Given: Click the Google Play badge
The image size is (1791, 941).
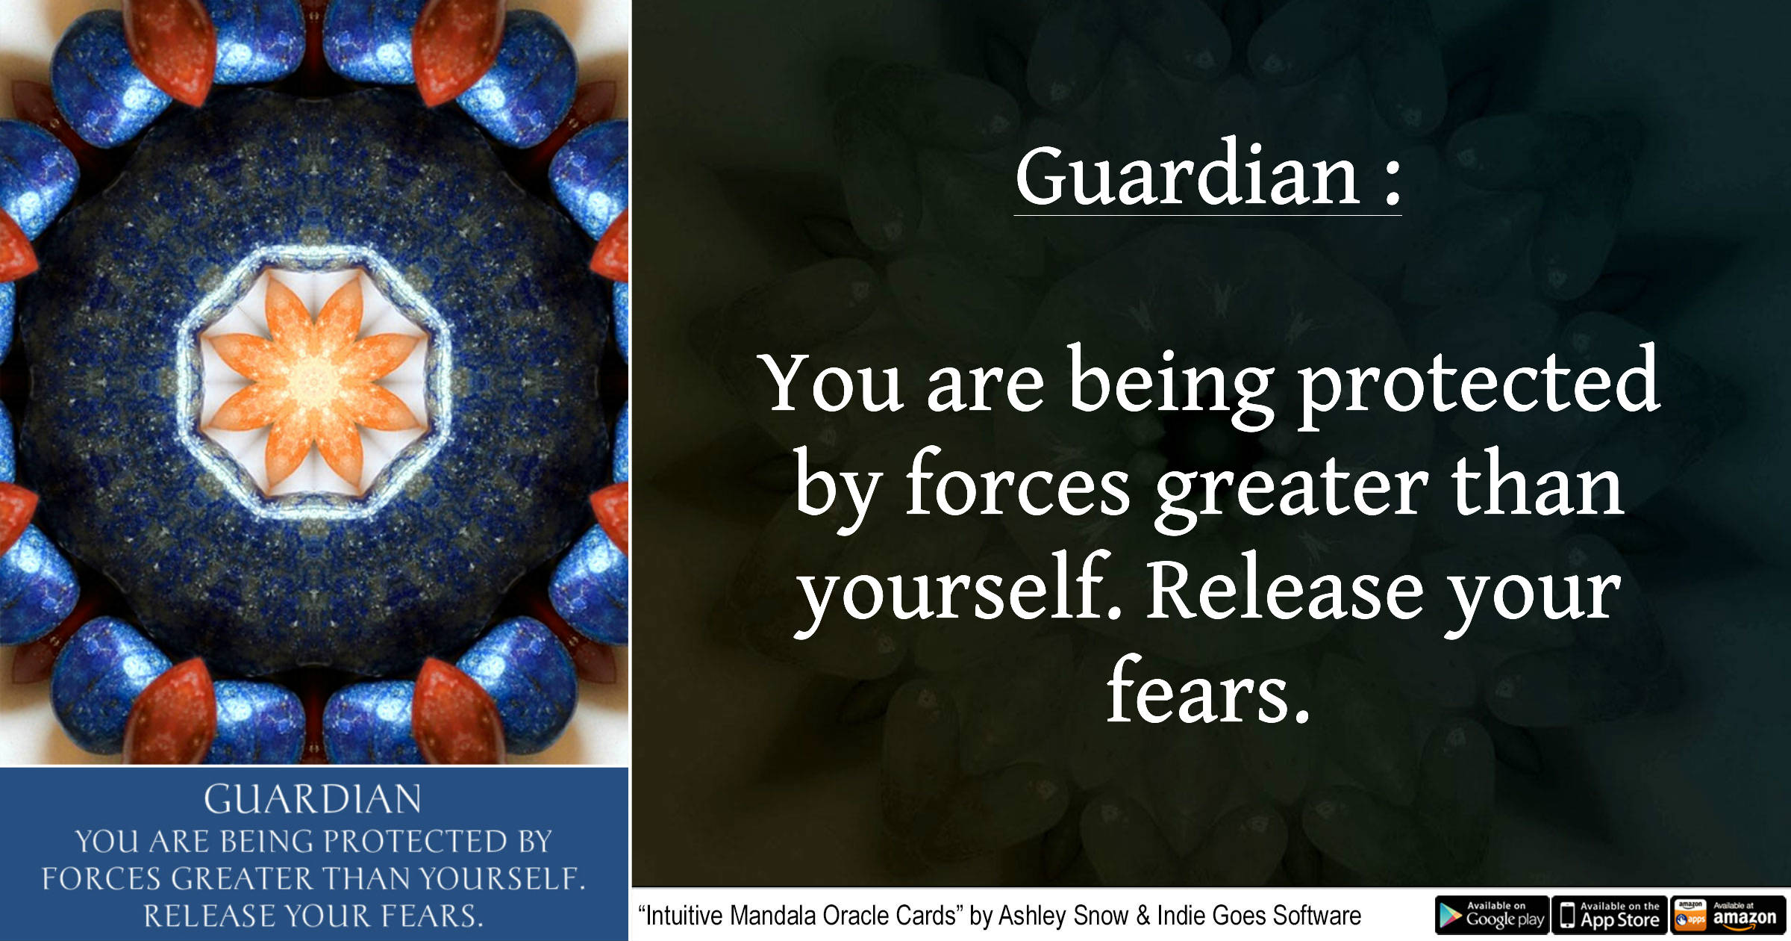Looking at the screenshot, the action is coord(1492,915).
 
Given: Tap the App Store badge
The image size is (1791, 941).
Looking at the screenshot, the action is coord(1610,915).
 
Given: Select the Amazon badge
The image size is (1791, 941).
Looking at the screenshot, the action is coord(1728,915).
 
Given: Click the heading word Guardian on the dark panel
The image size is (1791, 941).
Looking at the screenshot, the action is coord(1187,176).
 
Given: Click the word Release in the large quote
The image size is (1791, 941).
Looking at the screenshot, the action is coord(1284,590).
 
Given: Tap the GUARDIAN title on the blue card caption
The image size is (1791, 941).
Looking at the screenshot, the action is coord(313,799).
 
